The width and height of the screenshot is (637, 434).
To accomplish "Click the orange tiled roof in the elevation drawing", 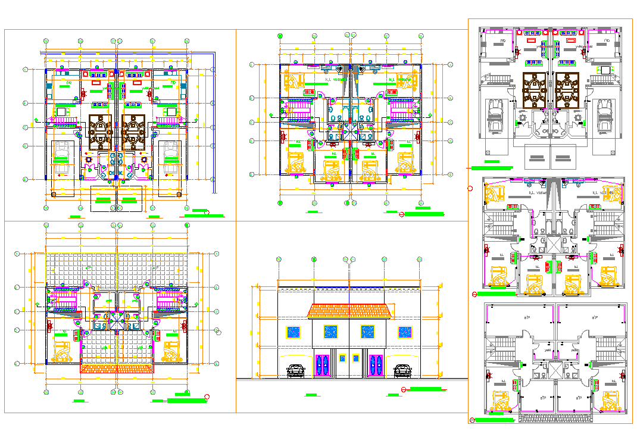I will click(x=349, y=311).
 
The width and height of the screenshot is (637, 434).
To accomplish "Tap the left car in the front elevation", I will click(x=296, y=371).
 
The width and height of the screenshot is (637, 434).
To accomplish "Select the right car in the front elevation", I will click(x=402, y=371).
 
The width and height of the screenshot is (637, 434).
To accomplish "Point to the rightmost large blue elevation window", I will click(x=404, y=332).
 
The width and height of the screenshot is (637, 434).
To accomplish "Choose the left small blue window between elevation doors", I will click(x=342, y=358).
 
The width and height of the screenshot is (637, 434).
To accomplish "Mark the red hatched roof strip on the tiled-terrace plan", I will click(x=117, y=368).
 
